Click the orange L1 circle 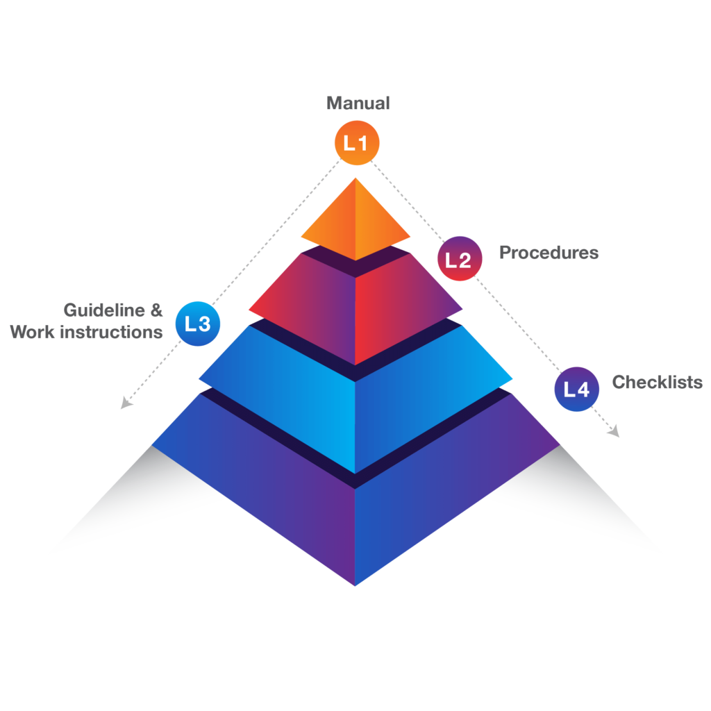click(x=357, y=143)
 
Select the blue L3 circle click(x=198, y=323)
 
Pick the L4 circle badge click(x=576, y=389)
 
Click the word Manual click(x=358, y=103)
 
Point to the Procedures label click(x=549, y=252)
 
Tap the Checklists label click(x=656, y=382)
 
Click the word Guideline click(x=104, y=310)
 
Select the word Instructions click(x=112, y=332)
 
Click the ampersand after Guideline click(x=156, y=310)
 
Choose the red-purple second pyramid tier click(x=355, y=306)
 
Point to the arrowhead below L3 click(x=126, y=403)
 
